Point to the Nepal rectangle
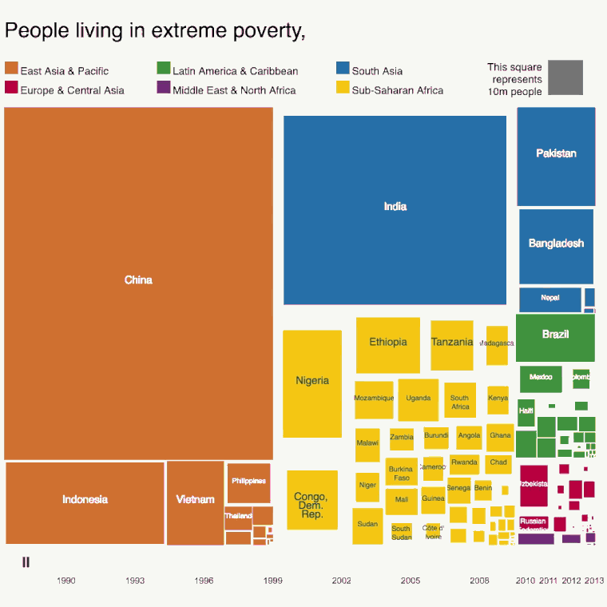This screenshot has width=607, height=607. click(550, 300)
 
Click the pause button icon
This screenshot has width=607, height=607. click(26, 562)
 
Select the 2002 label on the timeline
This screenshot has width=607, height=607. click(342, 581)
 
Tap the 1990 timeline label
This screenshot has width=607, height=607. click(66, 581)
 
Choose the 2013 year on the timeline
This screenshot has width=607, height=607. click(593, 581)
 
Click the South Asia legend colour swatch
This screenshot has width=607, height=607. click(342, 69)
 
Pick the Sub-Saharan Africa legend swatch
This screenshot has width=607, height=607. click(342, 88)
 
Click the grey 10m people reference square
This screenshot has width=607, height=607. click(566, 77)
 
